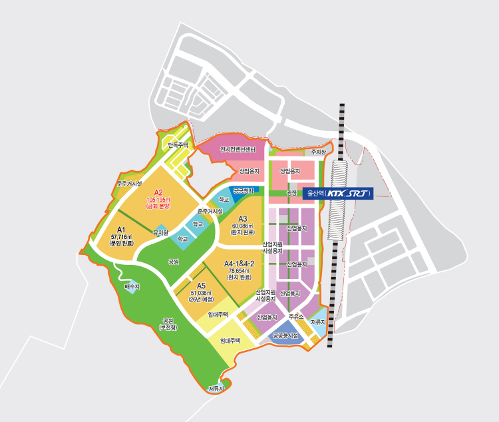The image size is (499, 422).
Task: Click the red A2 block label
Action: tap(158, 193)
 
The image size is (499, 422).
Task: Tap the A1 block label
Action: tap(122, 229)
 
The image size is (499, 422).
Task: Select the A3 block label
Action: tap(243, 218)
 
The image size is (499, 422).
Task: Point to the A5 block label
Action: tap(202, 286)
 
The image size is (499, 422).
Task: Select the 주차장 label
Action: tap(319, 152)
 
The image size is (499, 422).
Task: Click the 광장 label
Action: tap(291, 193)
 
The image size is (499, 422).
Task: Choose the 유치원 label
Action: tap(160, 233)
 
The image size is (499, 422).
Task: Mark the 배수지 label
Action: tap(132, 287)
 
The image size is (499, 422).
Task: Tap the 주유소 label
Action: tap(296, 317)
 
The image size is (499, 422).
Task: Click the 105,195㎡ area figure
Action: tap(158, 200)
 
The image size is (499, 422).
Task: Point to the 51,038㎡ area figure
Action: tap(200, 293)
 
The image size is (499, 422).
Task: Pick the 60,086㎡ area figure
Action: tap(244, 226)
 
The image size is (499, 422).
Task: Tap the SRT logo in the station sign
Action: tap(359, 194)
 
